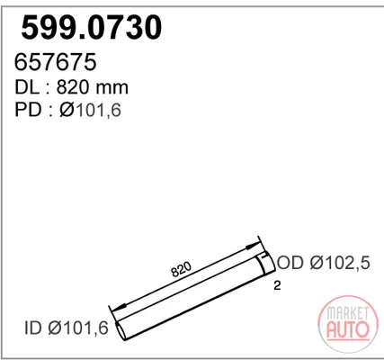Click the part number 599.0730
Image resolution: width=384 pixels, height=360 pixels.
(x=92, y=28)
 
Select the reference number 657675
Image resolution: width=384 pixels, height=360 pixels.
(x=56, y=62)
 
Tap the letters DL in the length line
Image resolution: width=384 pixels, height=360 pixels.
(x=27, y=87)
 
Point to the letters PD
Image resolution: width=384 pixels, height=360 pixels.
(x=28, y=110)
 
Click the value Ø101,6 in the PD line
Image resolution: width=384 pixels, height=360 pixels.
(x=90, y=110)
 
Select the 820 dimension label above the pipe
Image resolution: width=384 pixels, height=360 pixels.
(x=181, y=269)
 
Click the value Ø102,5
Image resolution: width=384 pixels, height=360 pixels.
(x=340, y=263)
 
